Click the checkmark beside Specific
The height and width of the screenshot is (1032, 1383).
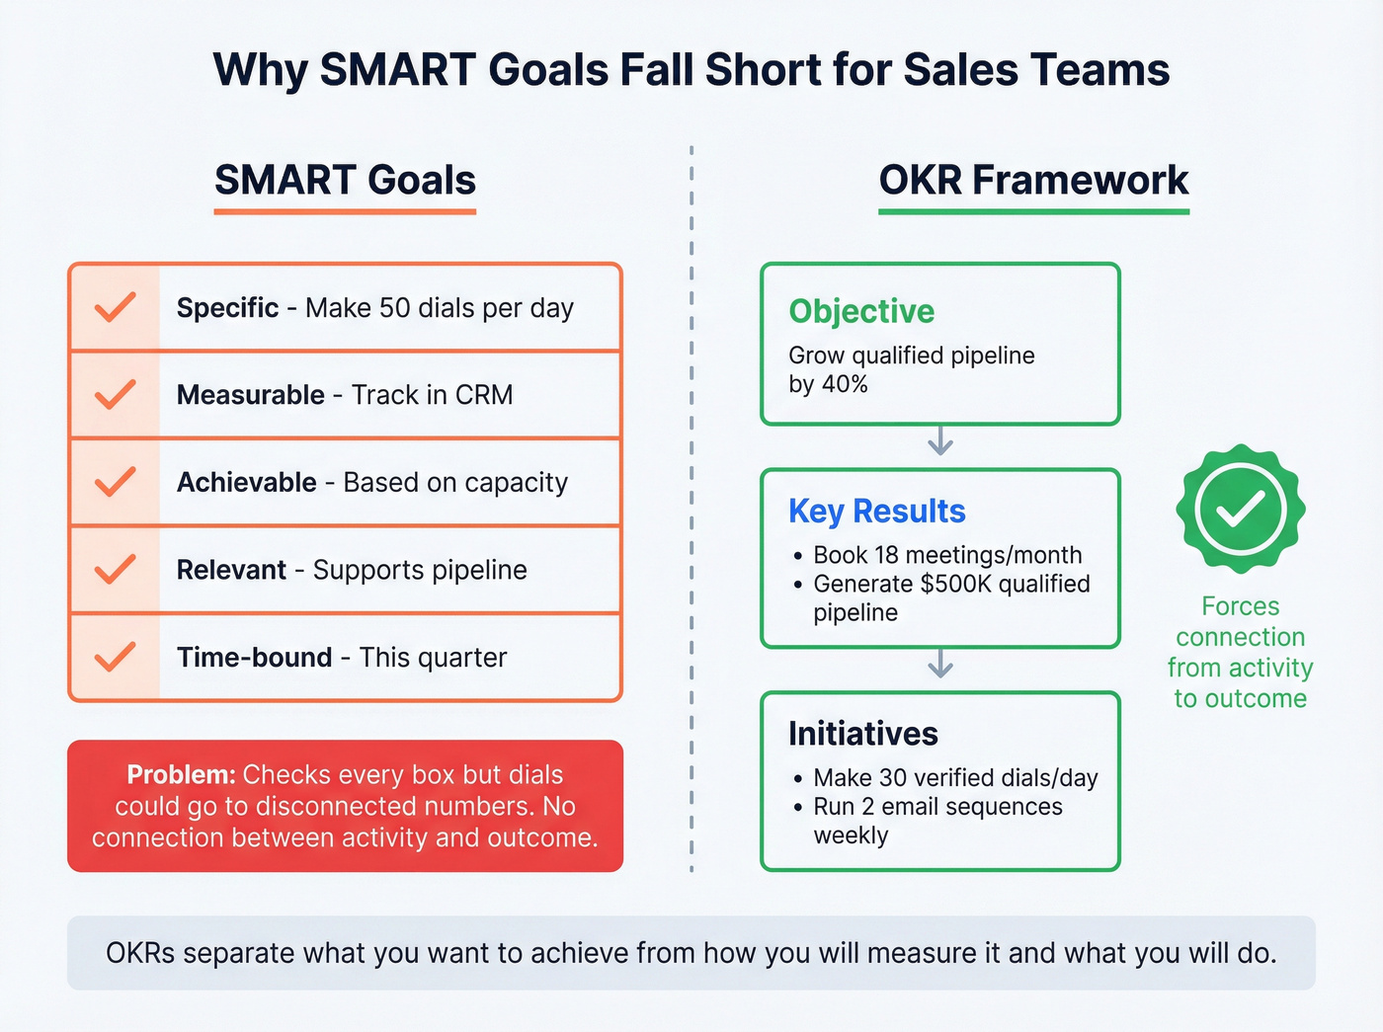click(x=115, y=307)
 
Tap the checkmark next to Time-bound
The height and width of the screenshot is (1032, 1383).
click(x=115, y=657)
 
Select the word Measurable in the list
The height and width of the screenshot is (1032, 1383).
click(x=251, y=395)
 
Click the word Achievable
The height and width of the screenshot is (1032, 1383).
click(x=247, y=483)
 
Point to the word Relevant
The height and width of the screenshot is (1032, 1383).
click(x=231, y=570)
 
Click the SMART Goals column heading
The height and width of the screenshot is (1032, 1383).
click(x=345, y=181)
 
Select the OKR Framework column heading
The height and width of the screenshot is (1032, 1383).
click(x=1033, y=181)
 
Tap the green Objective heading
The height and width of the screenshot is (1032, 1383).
click(x=861, y=312)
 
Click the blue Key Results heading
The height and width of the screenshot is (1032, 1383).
click(x=876, y=512)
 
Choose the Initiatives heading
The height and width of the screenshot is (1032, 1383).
click(x=862, y=734)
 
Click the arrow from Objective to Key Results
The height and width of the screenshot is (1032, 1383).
click(x=940, y=441)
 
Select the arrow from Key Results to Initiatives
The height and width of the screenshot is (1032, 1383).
click(x=940, y=664)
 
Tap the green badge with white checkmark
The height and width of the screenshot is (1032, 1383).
click(x=1240, y=509)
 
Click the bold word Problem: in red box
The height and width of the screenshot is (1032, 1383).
click(x=181, y=775)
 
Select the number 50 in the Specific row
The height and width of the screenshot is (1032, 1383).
click(x=394, y=308)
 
